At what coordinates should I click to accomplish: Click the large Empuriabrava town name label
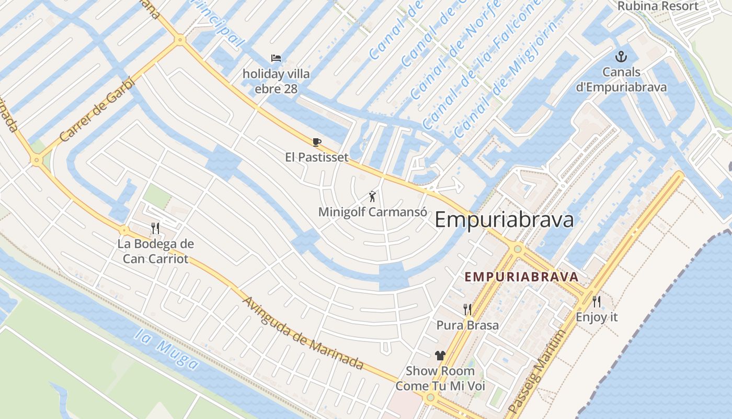504,220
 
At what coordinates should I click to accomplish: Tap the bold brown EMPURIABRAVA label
521,277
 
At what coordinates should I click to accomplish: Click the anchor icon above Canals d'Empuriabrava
621,56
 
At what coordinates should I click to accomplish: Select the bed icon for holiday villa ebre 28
276,58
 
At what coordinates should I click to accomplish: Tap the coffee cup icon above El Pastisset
316,142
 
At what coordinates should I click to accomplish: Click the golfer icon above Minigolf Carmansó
372,196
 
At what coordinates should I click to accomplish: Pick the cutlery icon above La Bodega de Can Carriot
155,228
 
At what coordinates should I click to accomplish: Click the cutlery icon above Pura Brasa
467,310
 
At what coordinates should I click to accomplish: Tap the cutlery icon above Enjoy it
596,302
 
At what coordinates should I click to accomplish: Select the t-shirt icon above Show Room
440,356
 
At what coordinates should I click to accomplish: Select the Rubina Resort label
658,6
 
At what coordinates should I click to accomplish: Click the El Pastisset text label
317,157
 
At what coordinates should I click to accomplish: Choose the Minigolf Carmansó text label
373,212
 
